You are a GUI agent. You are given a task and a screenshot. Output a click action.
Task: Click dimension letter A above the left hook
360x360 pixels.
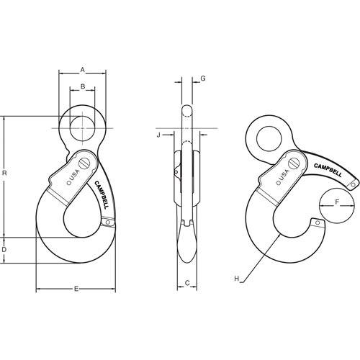pyautogui.click(x=82, y=70)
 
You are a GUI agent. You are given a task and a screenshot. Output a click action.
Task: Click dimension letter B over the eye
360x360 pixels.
pyautogui.click(x=82, y=87)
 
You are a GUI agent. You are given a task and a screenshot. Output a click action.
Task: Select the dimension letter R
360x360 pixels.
pyautogui.click(x=6, y=174)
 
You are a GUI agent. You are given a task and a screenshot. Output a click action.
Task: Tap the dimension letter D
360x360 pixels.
pyautogui.click(x=6, y=249)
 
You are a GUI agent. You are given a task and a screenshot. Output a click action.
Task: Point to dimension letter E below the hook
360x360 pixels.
pyautogui.click(x=76, y=289)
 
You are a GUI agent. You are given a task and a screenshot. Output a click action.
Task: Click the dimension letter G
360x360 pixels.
pyautogui.click(x=204, y=78)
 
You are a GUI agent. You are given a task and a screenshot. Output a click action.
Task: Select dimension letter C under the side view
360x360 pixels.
pyautogui.click(x=187, y=283)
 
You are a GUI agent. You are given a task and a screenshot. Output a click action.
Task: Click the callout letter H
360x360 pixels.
pyautogui.click(x=236, y=278)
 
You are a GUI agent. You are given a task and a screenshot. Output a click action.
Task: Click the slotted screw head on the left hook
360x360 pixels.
pyautogui.click(x=86, y=163)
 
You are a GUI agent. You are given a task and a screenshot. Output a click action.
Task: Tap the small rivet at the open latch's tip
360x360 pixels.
pyautogui.click(x=353, y=186)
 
